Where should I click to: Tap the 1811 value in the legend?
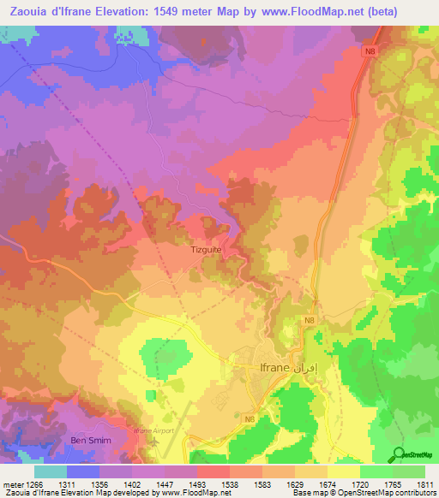click(x=424, y=484)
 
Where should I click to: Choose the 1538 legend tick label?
click(x=231, y=484)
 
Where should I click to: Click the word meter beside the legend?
click(x=12, y=484)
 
